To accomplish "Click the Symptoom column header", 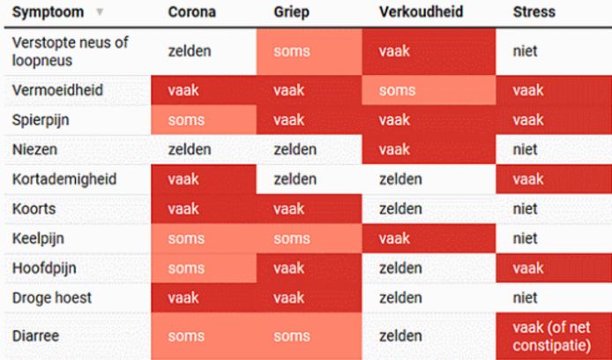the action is [48, 12].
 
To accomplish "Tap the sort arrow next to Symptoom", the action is [100, 12].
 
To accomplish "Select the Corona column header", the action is [192, 11].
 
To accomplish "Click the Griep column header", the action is [292, 12].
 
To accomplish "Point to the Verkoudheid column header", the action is [422, 11].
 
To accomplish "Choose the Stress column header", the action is [534, 11].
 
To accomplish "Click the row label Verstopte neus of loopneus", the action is [71, 51].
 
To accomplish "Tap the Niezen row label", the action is [34, 149].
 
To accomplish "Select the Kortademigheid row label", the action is [64, 179].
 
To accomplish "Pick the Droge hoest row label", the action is [52, 298].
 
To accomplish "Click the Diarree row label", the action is [35, 336].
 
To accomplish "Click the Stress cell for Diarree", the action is [554, 336].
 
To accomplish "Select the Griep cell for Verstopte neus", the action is [310, 51].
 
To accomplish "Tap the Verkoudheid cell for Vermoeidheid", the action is [429, 91].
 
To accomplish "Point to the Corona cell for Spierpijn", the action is [204, 120].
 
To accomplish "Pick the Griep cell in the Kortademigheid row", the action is [310, 179].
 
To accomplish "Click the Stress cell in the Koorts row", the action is [554, 209].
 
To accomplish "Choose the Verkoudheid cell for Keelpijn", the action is [429, 238].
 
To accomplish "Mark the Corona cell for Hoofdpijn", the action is [204, 268].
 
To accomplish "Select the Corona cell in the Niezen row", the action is [204, 149].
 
